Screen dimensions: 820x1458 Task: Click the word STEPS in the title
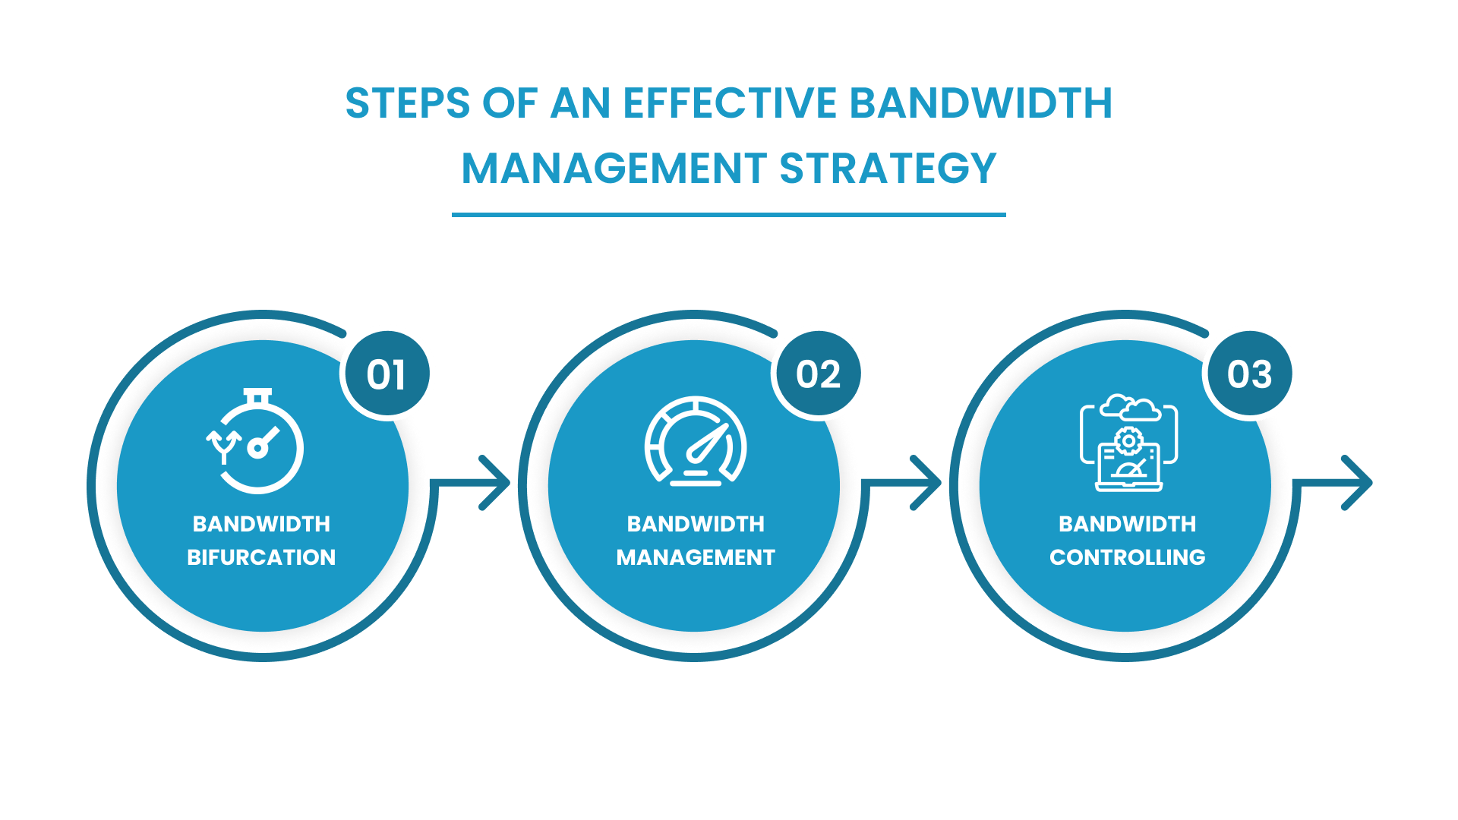[407, 103]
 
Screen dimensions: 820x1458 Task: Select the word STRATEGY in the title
[887, 169]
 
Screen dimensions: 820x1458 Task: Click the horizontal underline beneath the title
[729, 215]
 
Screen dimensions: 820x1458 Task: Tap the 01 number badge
[387, 374]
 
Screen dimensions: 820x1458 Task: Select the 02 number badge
[819, 374]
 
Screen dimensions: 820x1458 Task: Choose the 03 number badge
[1250, 374]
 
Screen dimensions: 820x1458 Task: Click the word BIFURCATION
[261, 557]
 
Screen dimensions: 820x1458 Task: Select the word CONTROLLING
[1128, 557]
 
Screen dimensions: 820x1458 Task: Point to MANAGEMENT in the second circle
[696, 557]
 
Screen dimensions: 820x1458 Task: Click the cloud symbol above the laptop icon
[1130, 408]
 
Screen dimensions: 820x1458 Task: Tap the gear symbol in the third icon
[1128, 440]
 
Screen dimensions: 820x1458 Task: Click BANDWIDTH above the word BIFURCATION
[261, 524]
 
